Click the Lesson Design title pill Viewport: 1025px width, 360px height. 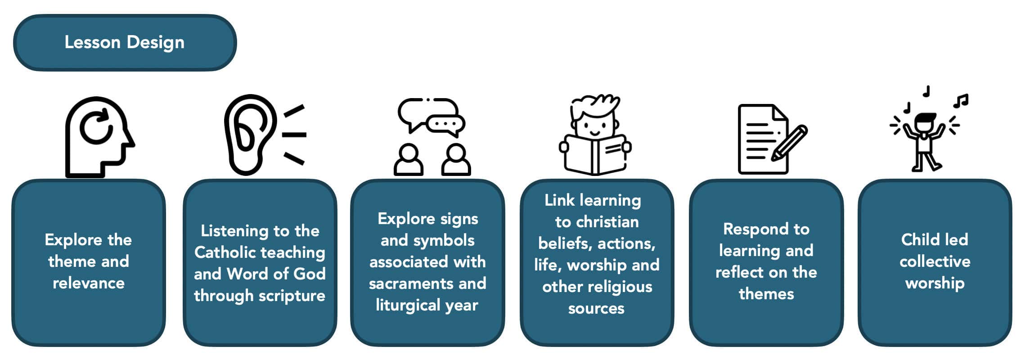point(125,42)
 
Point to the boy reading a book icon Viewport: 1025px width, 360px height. point(595,135)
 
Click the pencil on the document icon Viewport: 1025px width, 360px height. point(790,143)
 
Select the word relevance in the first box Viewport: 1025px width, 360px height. point(89,283)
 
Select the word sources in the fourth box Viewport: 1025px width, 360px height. point(596,309)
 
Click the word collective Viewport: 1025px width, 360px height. point(935,261)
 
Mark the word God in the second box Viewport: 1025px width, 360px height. point(309,274)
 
